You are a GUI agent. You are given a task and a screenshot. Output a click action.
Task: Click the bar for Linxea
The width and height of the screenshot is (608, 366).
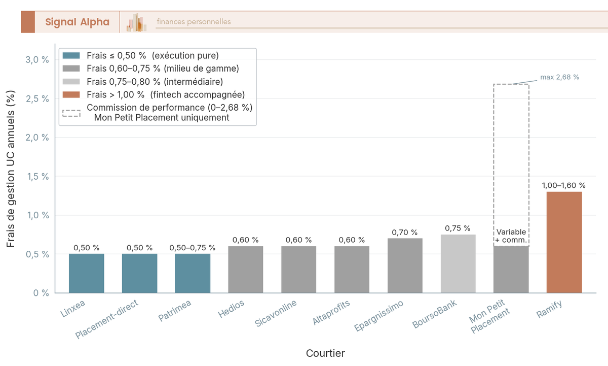click(x=87, y=273)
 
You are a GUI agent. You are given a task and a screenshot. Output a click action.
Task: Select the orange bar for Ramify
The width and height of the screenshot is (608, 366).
click(x=564, y=242)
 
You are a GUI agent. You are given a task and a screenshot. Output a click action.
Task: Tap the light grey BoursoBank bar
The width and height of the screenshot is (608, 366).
click(x=458, y=263)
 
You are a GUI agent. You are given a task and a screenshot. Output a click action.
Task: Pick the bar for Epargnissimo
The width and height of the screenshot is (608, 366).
click(x=405, y=265)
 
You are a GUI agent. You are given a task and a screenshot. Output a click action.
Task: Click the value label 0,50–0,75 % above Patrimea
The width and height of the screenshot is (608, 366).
click(x=193, y=248)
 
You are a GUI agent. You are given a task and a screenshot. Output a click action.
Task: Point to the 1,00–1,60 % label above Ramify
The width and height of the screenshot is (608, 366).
click(x=564, y=186)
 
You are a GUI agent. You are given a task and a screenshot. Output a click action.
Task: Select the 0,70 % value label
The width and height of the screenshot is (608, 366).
click(x=405, y=232)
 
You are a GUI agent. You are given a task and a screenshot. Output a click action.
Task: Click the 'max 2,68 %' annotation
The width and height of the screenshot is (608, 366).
click(x=560, y=78)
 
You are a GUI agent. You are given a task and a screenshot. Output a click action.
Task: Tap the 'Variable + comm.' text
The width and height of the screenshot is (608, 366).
click(x=511, y=236)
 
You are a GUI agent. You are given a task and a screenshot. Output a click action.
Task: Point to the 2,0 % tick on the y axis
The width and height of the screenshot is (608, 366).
click(x=37, y=138)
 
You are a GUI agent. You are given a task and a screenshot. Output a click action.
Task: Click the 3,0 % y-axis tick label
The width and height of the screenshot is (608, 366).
click(x=37, y=60)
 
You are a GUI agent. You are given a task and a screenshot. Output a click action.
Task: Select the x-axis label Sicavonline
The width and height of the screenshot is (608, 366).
click(x=276, y=314)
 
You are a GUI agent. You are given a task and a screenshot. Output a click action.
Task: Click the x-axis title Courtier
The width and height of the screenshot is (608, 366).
click(x=325, y=353)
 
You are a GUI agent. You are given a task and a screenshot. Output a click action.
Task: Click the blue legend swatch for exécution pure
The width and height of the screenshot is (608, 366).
click(x=71, y=55)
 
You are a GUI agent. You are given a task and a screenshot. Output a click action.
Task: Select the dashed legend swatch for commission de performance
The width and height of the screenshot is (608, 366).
click(x=71, y=112)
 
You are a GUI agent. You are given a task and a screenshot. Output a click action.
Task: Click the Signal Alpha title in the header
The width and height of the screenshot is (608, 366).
click(x=77, y=22)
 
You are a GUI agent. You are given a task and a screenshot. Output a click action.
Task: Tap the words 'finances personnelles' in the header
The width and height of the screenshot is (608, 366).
click(x=194, y=22)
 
